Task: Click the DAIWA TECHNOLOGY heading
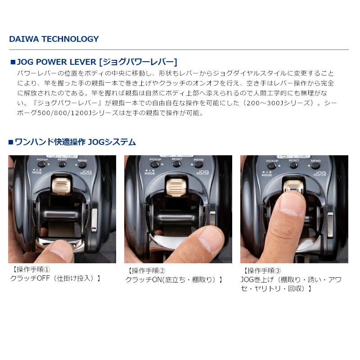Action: tap(54, 39)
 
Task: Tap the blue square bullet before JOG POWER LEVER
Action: tap(12, 62)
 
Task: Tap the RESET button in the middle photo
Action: tap(177, 164)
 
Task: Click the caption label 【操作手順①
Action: tap(29, 270)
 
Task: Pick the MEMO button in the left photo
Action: tap(83, 164)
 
